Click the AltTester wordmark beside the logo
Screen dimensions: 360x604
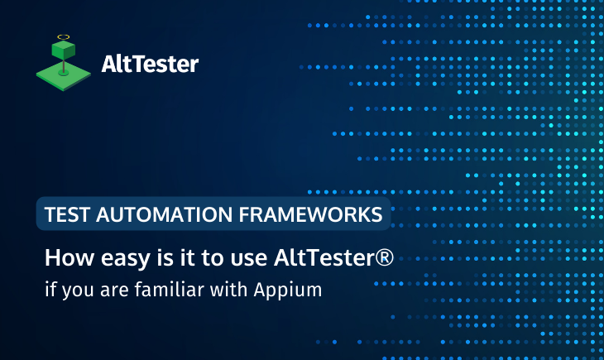tap(149, 64)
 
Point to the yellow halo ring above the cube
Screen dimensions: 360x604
tap(63, 37)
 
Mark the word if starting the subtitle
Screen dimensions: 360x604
tap(49, 290)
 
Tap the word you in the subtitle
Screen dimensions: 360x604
tap(73, 291)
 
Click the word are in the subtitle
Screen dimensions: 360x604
tap(108, 290)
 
